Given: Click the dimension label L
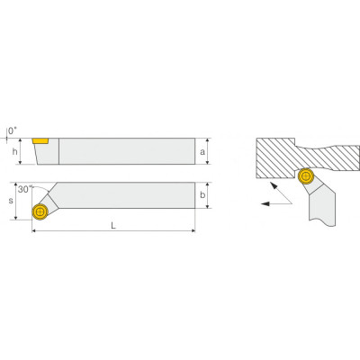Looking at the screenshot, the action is tap(113, 225).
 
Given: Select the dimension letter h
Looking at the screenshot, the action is tap(14, 152).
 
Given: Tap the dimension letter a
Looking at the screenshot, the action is tap(202, 152).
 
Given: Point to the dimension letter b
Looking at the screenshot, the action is tap(202, 195).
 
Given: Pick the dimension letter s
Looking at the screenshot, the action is tap(11, 201).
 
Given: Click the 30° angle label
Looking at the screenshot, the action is tap(25, 189).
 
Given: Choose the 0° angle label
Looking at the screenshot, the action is tap(13, 130).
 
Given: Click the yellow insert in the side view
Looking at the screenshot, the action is tap(40, 141).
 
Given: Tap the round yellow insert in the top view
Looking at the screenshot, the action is tap(40, 211).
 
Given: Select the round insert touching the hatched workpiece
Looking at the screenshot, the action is tap(306, 176).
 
